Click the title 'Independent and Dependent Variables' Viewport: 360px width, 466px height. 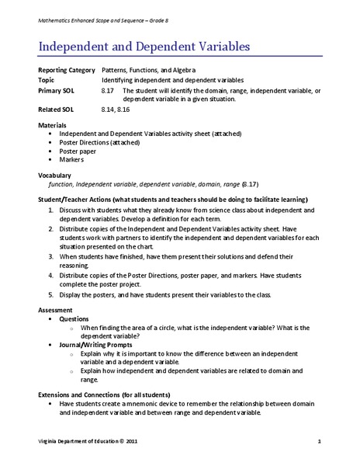pos(144,47)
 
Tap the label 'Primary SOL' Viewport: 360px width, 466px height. pos(57,90)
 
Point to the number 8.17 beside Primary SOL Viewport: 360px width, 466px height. pos(108,90)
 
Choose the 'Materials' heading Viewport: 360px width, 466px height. pos(53,124)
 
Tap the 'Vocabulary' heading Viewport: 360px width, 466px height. pos(56,176)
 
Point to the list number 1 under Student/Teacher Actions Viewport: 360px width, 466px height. pos(50,210)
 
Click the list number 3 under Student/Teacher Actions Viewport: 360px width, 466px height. pos(50,256)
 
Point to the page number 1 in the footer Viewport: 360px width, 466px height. pos(319,442)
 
